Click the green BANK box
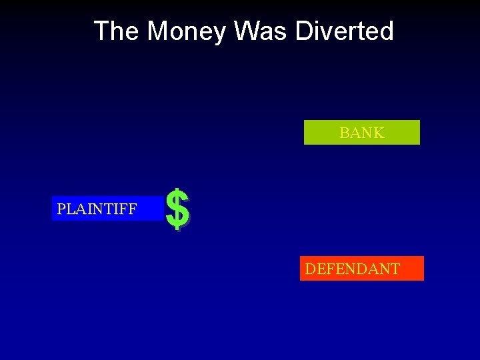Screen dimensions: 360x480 361,133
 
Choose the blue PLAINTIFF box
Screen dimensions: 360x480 107,209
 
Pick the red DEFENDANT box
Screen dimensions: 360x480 361,269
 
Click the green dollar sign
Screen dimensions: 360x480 177,209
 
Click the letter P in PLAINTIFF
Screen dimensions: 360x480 61,209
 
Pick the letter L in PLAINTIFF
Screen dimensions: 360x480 70,209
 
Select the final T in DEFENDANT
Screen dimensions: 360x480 395,269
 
